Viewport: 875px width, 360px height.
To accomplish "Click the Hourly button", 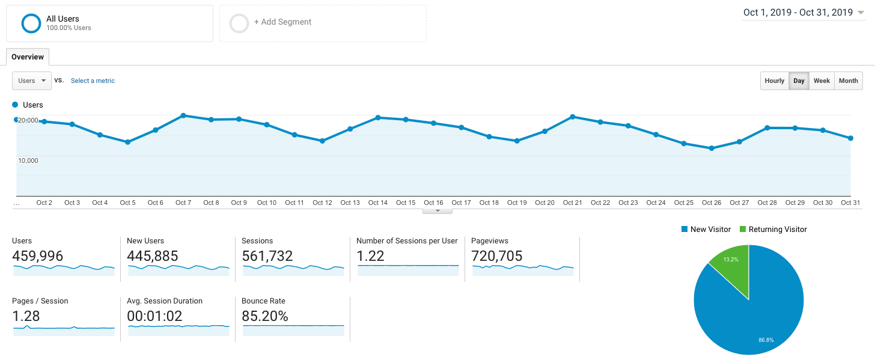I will pyautogui.click(x=774, y=81).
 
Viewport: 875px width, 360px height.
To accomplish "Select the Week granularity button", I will pyautogui.click(x=822, y=81).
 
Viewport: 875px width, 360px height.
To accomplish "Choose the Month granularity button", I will pyautogui.click(x=848, y=81).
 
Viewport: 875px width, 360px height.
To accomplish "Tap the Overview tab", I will pyautogui.click(x=28, y=57).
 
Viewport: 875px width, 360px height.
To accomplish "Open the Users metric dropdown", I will pyautogui.click(x=32, y=81).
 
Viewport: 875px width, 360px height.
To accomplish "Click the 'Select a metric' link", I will pyautogui.click(x=93, y=81).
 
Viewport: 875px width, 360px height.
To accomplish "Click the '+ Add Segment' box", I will pyautogui.click(x=323, y=23).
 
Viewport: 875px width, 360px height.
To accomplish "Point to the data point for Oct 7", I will pyautogui.click(x=183, y=115).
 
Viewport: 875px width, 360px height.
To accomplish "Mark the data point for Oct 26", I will pyautogui.click(x=712, y=148).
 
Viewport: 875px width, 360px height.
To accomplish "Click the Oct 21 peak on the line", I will pyautogui.click(x=573, y=117).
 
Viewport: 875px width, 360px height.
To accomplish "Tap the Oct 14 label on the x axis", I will pyautogui.click(x=378, y=203).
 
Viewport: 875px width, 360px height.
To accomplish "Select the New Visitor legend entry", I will pyautogui.click(x=706, y=230).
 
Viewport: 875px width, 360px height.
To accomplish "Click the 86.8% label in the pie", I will pyautogui.click(x=766, y=340).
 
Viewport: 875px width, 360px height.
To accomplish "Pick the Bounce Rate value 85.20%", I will pyautogui.click(x=265, y=316).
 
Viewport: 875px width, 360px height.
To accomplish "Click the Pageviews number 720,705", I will pyautogui.click(x=497, y=257).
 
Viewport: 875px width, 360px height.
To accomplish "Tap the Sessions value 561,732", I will pyautogui.click(x=267, y=257).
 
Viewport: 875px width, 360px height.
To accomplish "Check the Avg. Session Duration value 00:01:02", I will pyautogui.click(x=154, y=316).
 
